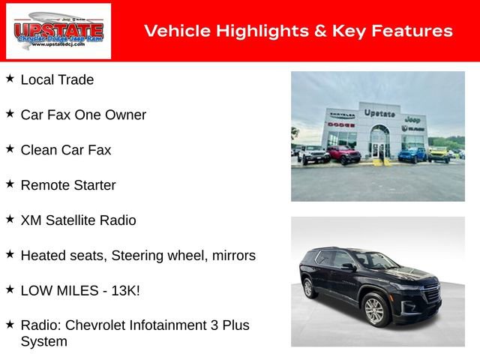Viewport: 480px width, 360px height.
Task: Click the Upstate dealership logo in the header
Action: [x=58, y=31]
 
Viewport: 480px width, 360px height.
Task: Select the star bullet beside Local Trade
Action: [x=10, y=78]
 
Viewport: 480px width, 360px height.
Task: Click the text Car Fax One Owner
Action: [x=83, y=115]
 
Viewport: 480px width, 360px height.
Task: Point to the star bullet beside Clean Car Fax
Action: [x=10, y=148]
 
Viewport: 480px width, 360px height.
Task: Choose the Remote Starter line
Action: [x=68, y=184]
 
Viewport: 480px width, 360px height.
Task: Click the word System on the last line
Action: [x=43, y=341]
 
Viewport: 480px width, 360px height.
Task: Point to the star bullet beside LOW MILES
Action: [x=10, y=289]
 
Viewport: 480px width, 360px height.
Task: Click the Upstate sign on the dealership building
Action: [x=379, y=113]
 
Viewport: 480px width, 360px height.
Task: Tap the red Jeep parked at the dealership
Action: [x=343, y=154]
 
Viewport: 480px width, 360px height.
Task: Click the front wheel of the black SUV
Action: [x=374, y=310]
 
